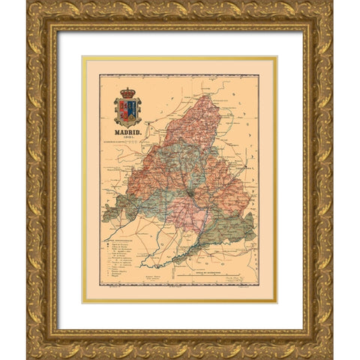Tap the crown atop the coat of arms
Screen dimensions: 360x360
coord(127,94)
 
